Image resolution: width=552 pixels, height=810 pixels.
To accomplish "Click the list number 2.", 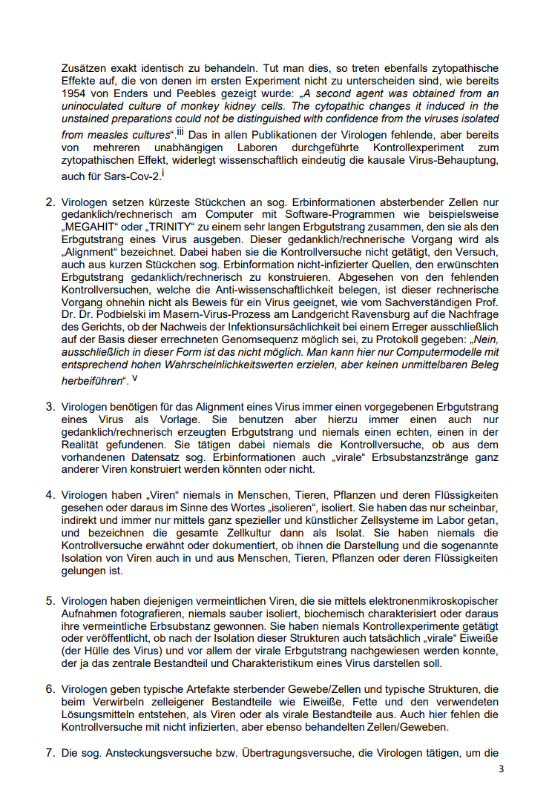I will [50, 202].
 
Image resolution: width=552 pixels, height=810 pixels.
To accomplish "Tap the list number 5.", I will [50, 601].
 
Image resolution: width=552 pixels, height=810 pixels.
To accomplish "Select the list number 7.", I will [50, 754].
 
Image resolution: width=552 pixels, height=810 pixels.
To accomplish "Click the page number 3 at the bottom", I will [501, 768].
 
